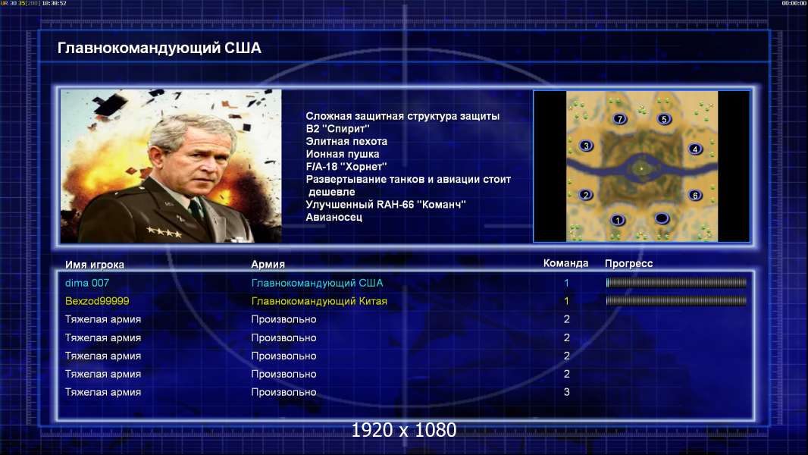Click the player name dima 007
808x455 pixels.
(x=86, y=283)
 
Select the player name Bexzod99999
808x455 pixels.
(x=97, y=301)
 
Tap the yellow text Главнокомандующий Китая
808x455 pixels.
(x=319, y=301)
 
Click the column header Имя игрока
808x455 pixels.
(x=94, y=265)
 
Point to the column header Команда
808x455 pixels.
(x=565, y=263)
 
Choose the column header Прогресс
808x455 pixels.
(x=628, y=263)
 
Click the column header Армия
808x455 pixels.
(x=268, y=264)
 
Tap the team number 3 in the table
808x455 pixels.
(x=566, y=392)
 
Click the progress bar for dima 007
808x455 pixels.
(x=676, y=282)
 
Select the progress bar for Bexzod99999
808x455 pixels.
(x=676, y=300)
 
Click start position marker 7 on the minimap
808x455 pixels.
(x=620, y=119)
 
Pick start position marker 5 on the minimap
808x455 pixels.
(x=664, y=119)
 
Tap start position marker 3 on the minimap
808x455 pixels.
(x=586, y=146)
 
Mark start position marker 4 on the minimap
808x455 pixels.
(x=695, y=149)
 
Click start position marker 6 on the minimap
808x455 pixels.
(x=695, y=196)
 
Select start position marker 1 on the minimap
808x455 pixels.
(x=617, y=221)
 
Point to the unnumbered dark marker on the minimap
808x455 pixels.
(x=662, y=218)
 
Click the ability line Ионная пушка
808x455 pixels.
(x=342, y=154)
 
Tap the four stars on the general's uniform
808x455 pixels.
(x=164, y=232)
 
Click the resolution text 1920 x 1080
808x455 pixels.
(x=404, y=430)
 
